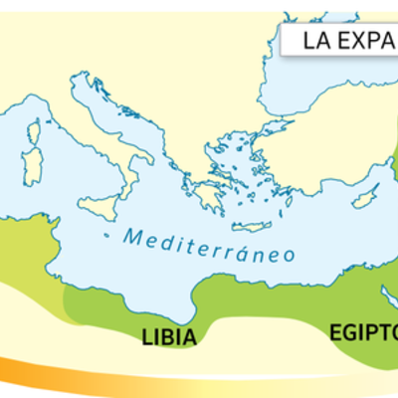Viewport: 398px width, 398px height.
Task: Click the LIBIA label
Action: (167, 335)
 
